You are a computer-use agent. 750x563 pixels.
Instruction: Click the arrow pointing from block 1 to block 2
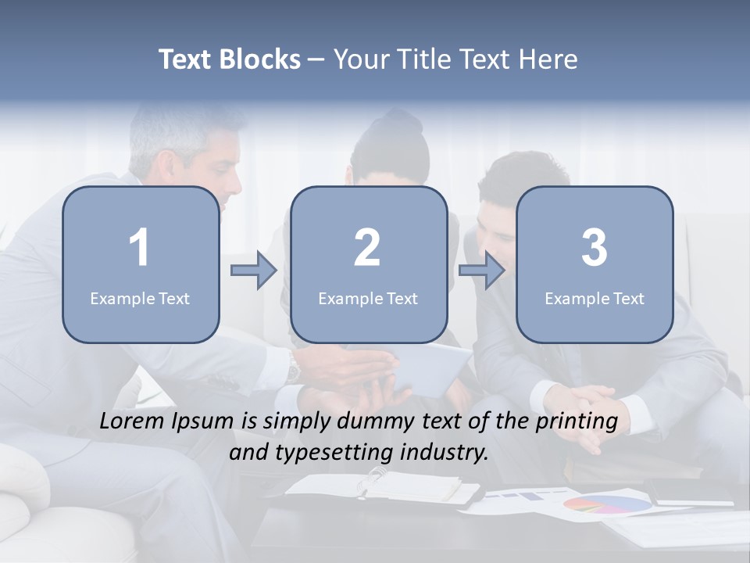click(x=255, y=271)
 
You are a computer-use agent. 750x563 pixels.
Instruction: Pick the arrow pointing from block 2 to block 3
click(x=482, y=271)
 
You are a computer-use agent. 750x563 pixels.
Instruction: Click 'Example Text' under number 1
click(x=140, y=298)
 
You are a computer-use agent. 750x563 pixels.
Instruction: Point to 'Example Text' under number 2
click(x=368, y=298)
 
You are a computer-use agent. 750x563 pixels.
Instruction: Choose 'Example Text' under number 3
click(x=595, y=298)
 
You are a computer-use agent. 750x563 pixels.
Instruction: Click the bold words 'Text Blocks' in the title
click(x=230, y=59)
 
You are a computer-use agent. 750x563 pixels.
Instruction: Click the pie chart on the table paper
click(x=607, y=504)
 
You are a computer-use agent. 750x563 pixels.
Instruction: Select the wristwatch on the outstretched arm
click(x=293, y=365)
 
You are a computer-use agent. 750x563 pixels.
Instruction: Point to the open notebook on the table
click(x=383, y=486)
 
